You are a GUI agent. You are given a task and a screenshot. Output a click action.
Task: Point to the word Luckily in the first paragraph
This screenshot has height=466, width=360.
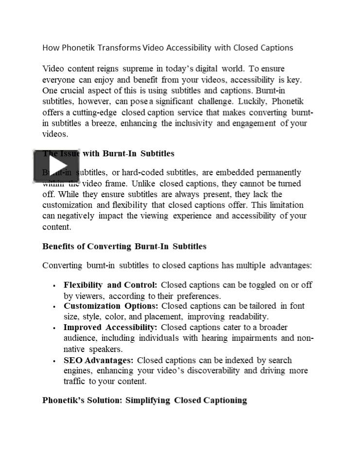coord(252,101)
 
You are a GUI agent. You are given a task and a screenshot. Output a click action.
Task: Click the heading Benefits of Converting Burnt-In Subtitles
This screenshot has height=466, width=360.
coord(124,246)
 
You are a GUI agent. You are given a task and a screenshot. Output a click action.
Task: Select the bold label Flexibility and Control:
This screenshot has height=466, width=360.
coord(110,285)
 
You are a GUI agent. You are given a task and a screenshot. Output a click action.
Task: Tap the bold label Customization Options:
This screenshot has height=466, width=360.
coord(111,306)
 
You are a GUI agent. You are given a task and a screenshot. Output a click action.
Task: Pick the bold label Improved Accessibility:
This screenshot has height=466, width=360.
coord(110,328)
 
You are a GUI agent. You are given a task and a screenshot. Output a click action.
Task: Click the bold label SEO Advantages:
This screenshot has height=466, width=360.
coord(98,360)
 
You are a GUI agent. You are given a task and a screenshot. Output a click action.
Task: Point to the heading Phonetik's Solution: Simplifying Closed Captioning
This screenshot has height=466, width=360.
coord(144,400)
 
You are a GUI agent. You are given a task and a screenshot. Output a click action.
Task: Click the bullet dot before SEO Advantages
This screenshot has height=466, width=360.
coord(54,361)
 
